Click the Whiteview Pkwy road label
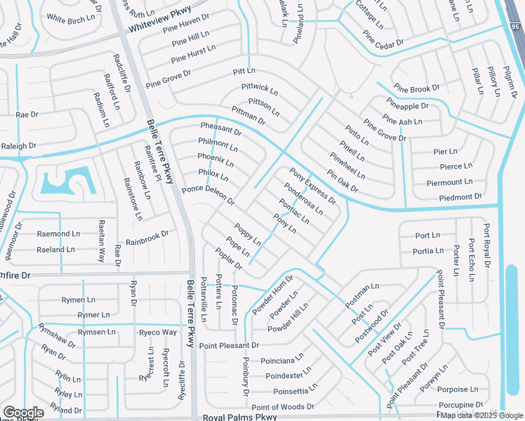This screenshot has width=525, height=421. click(160, 22)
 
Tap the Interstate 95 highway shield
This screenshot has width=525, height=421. click(516, 27)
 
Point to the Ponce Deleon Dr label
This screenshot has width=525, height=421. click(208, 195)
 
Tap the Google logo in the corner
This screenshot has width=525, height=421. click(22, 413)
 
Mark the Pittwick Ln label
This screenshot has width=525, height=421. click(260, 91)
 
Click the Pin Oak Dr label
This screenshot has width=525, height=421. click(343, 180)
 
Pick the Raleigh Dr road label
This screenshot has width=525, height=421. click(18, 146)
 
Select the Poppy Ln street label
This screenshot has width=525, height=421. click(248, 236)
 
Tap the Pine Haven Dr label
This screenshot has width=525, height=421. click(185, 23)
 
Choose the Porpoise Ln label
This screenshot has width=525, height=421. click(456, 389)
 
